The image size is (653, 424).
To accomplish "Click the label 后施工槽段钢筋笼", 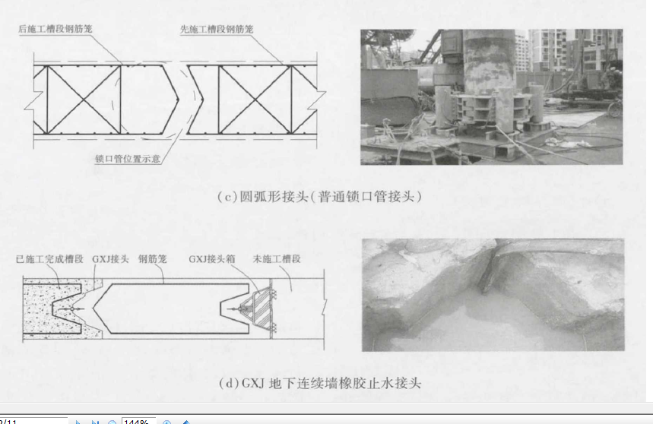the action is [x=55, y=29].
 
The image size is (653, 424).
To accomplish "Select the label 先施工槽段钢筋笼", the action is [x=217, y=29].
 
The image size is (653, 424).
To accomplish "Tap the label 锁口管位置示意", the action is [x=128, y=159].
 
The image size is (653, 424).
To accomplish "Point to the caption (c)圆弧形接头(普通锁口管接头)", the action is [x=319, y=196].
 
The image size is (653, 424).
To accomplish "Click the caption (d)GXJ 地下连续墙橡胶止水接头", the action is [x=320, y=383].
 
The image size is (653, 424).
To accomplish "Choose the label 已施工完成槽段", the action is [x=49, y=259].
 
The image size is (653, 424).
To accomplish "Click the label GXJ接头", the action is [x=110, y=259].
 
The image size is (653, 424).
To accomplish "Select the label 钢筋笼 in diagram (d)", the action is [x=153, y=259].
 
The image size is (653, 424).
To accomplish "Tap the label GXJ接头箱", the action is [x=212, y=259].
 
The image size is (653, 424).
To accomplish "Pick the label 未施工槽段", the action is [x=277, y=259].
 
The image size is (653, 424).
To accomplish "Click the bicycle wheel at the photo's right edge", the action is [x=615, y=109].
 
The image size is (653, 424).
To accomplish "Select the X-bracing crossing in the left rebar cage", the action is [x=84, y=100].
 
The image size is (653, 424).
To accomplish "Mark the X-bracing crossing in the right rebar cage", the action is [x=255, y=100].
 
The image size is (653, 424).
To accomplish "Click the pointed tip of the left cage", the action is [x=178, y=100].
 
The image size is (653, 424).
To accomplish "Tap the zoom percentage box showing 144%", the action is [x=138, y=421].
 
